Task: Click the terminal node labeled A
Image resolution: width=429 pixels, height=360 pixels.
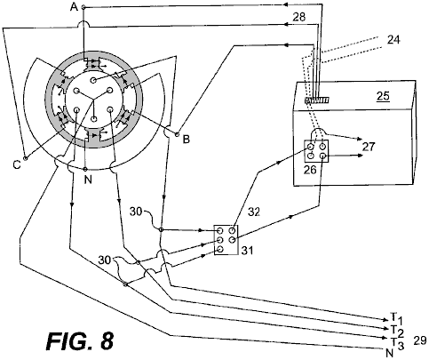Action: coord(83,7)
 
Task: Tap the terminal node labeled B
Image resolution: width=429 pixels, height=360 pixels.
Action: coord(178,134)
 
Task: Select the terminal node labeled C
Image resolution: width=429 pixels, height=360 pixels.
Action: coord(26,158)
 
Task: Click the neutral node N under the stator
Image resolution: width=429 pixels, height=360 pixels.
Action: coord(85,169)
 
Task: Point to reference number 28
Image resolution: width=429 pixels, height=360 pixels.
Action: coord(298,17)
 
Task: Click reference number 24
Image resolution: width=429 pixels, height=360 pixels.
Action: coord(393,39)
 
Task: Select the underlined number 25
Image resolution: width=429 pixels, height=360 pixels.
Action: coord(383,96)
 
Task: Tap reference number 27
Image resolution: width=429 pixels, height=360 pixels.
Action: coord(369,147)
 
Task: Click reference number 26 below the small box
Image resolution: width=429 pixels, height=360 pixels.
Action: coord(310,170)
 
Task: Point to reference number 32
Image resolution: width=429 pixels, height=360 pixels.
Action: coord(254,212)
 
